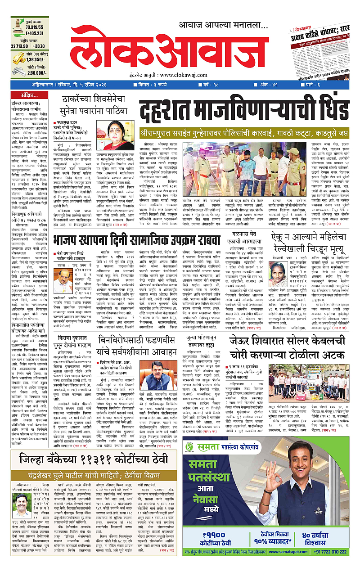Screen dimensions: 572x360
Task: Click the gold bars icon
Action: [16, 57]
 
